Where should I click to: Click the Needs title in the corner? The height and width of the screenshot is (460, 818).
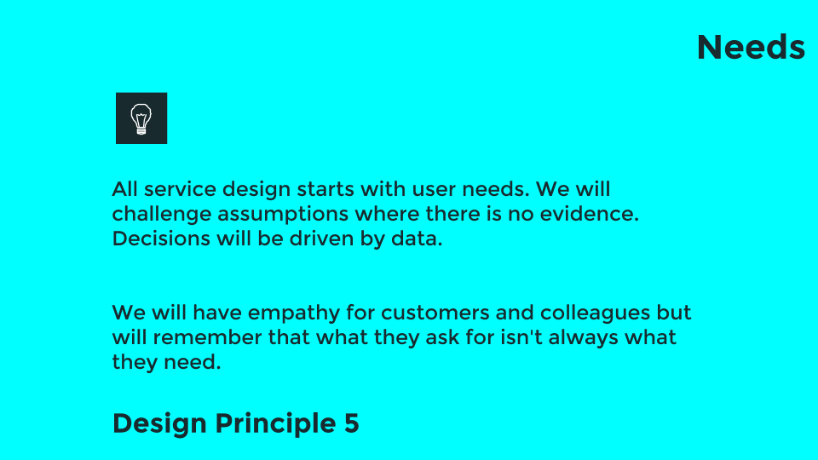point(751,48)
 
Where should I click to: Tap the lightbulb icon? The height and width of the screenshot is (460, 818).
point(141,118)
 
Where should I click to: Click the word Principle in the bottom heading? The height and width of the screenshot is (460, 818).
point(274,423)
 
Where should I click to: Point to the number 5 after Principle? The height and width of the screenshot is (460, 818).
point(352,423)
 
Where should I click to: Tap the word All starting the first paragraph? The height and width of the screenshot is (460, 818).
point(124,188)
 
